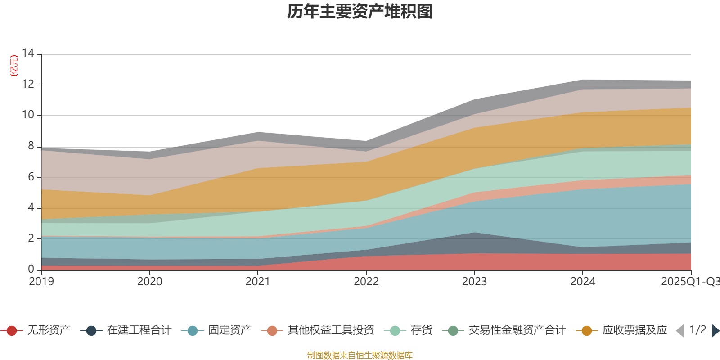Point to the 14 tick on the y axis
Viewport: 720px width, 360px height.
pos(28,54)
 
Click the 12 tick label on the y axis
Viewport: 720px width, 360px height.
pos(28,84)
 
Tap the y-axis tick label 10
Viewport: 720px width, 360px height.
pos(28,115)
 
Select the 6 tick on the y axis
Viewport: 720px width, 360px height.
pos(31,177)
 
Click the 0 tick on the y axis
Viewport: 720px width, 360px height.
pos(31,269)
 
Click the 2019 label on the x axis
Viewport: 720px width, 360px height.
pos(41,282)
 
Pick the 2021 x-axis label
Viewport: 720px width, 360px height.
pos(258,282)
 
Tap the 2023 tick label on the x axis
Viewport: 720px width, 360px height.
pos(474,282)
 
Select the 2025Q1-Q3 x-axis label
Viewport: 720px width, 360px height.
pos(689,282)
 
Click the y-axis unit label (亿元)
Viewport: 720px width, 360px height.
pos(14,66)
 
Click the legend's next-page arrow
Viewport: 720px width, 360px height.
pos(715,331)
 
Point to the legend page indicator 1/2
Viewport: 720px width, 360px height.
pos(697,330)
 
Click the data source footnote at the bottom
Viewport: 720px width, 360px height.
pos(360,355)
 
